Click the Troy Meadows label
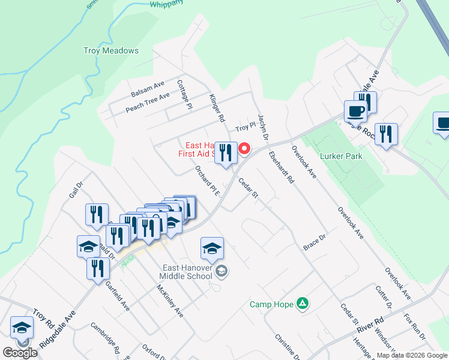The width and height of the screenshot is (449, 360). pos(111,51)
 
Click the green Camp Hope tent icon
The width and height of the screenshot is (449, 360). pos(304,304)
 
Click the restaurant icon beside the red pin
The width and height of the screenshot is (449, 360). pos(226,152)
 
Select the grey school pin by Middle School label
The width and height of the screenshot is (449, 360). pos(221,272)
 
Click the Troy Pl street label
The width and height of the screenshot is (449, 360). pos(246,127)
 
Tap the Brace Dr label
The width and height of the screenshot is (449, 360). pos(314,243)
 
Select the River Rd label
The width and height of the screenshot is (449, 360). pos(370,325)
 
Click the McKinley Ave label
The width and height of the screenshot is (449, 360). pos(169,301)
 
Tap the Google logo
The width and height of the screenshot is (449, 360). pos(20,353)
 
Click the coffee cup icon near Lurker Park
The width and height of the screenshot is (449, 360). pos(355,111)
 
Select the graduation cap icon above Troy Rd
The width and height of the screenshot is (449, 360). pos(22,328)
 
